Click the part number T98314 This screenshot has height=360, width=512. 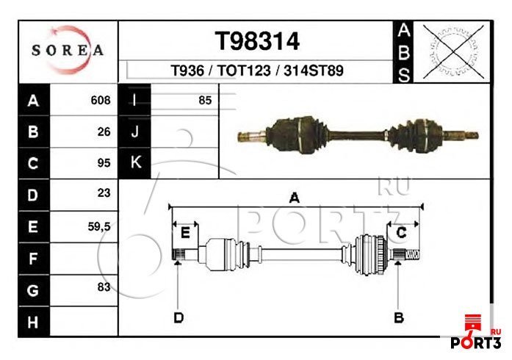point(257,41)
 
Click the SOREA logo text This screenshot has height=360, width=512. point(68,51)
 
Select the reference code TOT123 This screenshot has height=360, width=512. point(244,71)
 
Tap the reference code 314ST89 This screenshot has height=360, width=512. point(314,71)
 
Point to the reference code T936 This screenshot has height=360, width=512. point(187,71)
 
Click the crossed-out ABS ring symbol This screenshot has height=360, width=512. point(453,51)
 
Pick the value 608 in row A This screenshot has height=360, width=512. point(101,100)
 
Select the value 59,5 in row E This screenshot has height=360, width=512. point(99,226)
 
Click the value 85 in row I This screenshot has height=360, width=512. point(205,100)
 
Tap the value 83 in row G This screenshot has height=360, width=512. point(104,287)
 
